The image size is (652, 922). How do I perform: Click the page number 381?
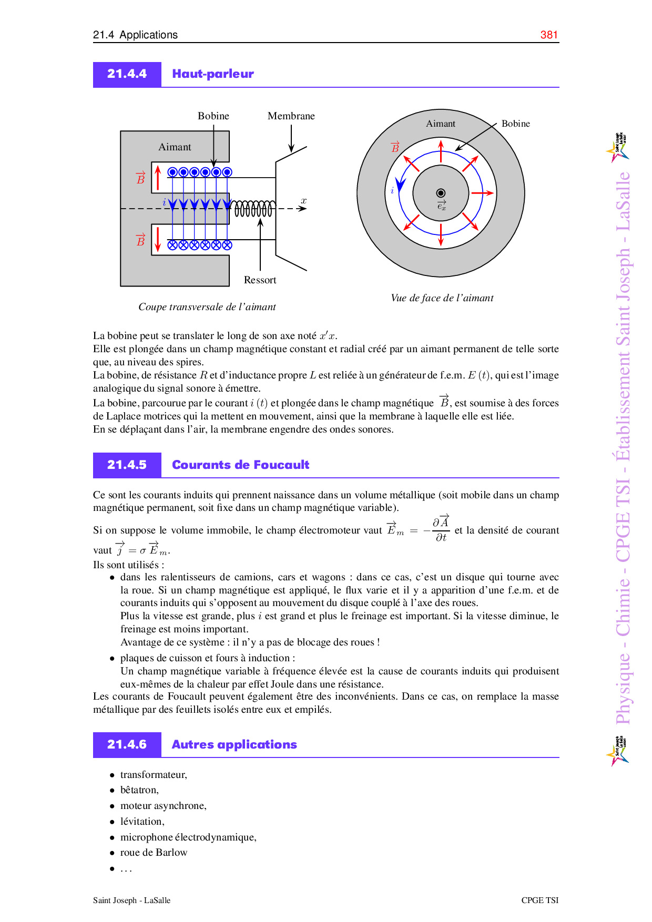click(x=549, y=35)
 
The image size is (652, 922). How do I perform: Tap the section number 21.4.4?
click(x=127, y=74)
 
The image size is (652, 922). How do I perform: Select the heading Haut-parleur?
click(x=213, y=74)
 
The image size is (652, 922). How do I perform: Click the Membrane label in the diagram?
click(x=291, y=116)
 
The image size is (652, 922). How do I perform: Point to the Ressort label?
click(x=260, y=280)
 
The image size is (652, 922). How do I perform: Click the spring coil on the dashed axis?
click(x=253, y=209)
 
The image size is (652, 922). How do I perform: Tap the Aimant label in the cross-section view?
click(x=175, y=147)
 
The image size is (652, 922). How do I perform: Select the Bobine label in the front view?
click(x=515, y=124)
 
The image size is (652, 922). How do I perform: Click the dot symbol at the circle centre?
click(x=441, y=193)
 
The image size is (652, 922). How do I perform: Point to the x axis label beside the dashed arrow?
click(x=303, y=201)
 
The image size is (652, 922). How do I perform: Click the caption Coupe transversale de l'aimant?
click(x=207, y=307)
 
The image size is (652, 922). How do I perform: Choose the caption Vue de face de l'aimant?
click(x=442, y=298)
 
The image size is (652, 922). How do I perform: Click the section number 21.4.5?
click(x=127, y=465)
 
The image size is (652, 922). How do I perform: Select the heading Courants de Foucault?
click(x=240, y=465)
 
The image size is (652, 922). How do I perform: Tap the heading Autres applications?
click(x=234, y=745)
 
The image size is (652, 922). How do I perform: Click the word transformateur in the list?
click(x=153, y=775)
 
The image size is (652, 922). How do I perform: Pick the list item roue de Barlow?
click(x=154, y=853)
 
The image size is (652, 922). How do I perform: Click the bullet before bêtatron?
click(x=112, y=790)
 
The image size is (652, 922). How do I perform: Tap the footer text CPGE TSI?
click(x=539, y=900)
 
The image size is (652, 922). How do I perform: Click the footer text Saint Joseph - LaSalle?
click(x=131, y=900)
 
